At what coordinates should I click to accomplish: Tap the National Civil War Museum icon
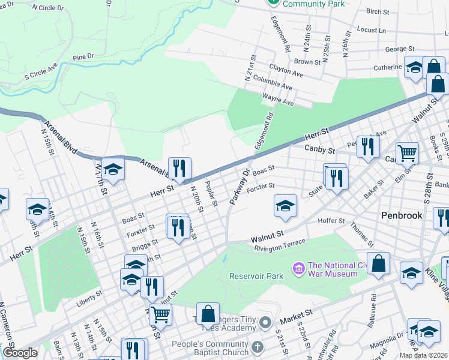click(x=297, y=267)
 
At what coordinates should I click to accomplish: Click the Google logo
click(x=20, y=353)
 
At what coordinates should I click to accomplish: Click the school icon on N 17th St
click(x=112, y=169)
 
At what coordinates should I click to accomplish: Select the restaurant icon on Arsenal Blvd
click(x=178, y=168)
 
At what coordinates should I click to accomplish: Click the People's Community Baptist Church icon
click(x=257, y=347)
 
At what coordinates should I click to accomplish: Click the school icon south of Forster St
click(x=285, y=205)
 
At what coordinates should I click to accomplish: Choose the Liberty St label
click(x=91, y=301)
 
